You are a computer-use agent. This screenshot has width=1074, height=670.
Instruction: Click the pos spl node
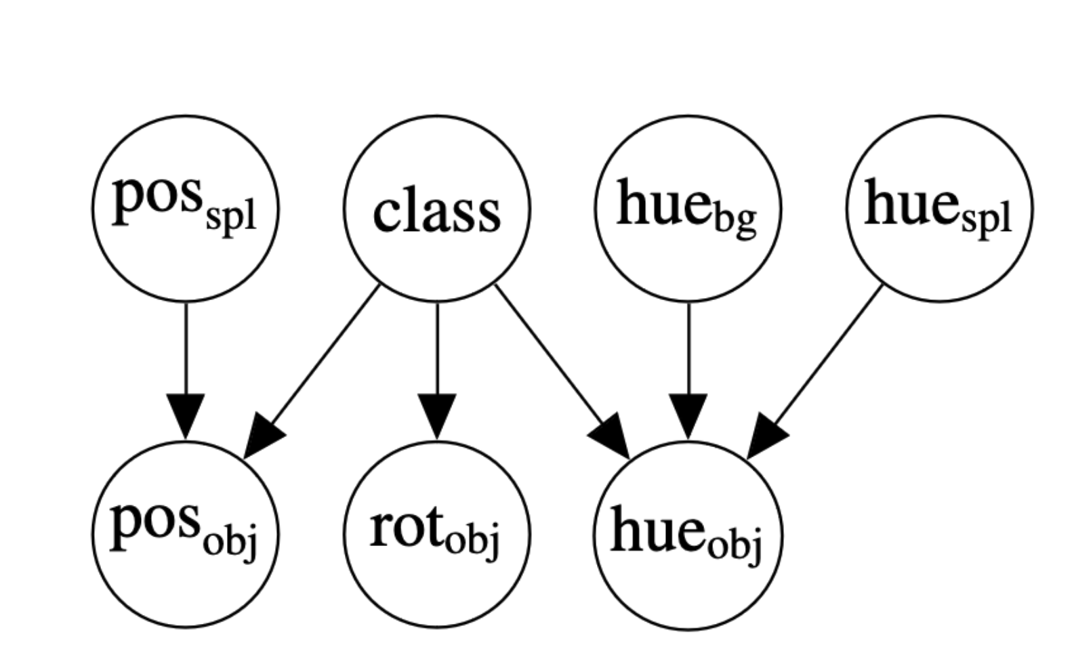[186, 208]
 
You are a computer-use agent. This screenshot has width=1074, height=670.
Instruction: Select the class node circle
[437, 208]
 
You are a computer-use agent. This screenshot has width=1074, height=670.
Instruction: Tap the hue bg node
[688, 208]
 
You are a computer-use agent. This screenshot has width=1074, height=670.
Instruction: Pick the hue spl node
[939, 208]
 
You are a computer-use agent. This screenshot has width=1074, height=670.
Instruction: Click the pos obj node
[186, 534]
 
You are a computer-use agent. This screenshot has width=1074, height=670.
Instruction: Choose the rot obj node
[437, 534]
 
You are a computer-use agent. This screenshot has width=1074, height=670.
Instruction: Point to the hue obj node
[688, 534]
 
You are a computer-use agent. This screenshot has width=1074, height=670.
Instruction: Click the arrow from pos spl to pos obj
[186, 359]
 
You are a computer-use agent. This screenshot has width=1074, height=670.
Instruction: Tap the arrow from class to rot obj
[437, 359]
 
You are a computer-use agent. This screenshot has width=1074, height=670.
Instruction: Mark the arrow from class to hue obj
[556, 362]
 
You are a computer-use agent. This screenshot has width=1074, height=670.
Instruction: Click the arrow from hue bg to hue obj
[688, 359]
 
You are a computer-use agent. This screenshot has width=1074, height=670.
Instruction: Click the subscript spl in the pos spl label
[230, 219]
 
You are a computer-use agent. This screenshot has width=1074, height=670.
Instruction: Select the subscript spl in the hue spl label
[985, 219]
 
